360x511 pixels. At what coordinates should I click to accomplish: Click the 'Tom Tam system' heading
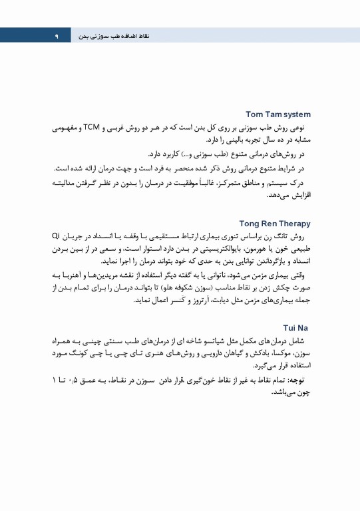[x=278, y=114]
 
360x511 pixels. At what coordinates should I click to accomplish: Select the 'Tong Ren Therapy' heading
[x=275, y=224]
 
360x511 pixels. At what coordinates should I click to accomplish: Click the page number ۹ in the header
[x=58, y=35]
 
